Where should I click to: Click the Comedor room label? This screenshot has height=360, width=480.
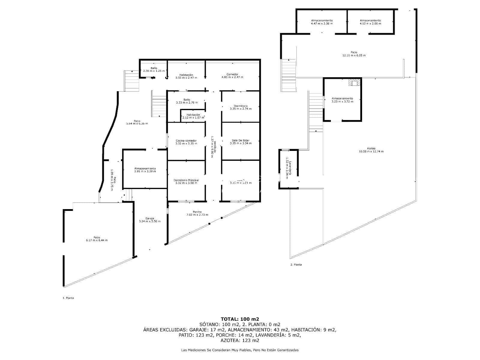pos(232,76)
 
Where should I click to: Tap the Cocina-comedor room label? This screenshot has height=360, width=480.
pos(186,142)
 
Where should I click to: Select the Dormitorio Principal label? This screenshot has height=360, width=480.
pos(186,181)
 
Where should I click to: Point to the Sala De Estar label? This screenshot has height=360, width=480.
pos(241,142)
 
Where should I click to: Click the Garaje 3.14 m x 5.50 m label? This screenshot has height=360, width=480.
pos(150,220)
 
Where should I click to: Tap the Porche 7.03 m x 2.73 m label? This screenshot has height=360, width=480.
pos(197,213)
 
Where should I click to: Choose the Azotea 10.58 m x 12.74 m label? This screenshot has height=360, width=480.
pos(371,150)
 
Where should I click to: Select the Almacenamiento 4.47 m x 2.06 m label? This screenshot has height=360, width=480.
pos(322,22)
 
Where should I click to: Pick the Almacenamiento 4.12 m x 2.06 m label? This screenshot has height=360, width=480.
pos(370,22)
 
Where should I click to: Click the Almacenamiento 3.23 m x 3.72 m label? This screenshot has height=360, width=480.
pos(342,100)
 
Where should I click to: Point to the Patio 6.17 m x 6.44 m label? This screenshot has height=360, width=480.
pos(96,238)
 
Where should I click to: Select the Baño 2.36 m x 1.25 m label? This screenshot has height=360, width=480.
pos(154,69)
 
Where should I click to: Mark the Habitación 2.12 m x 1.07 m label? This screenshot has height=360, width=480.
pos(193,116)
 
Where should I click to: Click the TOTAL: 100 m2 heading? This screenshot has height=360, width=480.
pos(240,319)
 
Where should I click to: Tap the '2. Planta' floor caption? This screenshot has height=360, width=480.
pos(296,265)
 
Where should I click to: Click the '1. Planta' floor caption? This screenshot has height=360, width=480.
pos(68,298)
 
